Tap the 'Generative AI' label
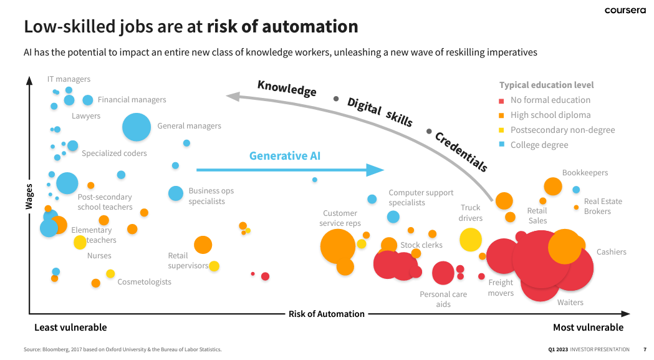pyautogui.click(x=284, y=156)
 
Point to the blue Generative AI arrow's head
pyautogui.click(x=375, y=170)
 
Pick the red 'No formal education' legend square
pyautogui.click(x=501, y=100)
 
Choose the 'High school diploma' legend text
pyautogui.click(x=550, y=115)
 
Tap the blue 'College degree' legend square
pyautogui.click(x=501, y=145)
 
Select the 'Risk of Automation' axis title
pyautogui.click(x=326, y=314)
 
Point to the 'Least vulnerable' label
pyautogui.click(x=70, y=328)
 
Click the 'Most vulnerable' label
pyautogui.click(x=588, y=328)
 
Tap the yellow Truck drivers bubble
pyautogui.click(x=471, y=240)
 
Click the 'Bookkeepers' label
pyautogui.click(x=585, y=173)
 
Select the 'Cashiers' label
pyautogui.click(x=611, y=252)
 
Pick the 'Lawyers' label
pyautogui.click(x=86, y=116)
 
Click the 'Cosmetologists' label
pyautogui.click(x=144, y=282)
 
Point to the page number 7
pyautogui.click(x=645, y=349)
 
